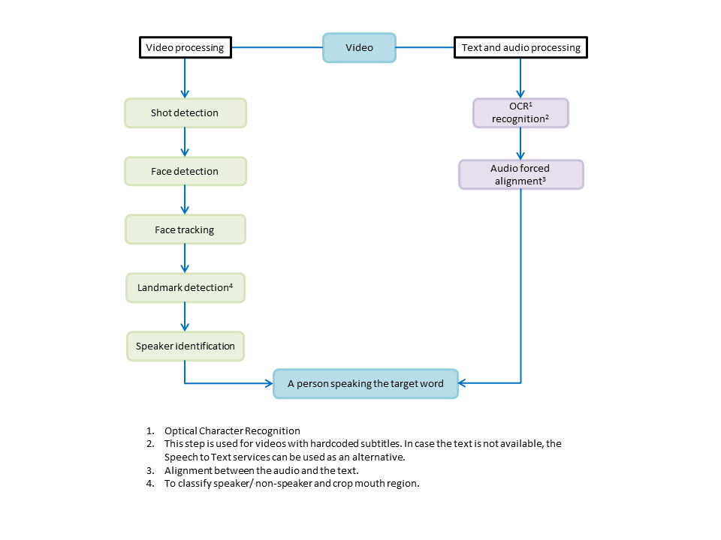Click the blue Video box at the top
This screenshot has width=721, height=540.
click(359, 47)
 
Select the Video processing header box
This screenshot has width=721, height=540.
click(186, 47)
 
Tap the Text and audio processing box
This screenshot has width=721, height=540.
click(520, 47)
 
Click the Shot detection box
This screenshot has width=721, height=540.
click(186, 113)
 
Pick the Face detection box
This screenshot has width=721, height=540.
click(186, 171)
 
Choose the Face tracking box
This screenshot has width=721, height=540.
click(186, 229)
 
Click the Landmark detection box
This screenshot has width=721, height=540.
click(186, 288)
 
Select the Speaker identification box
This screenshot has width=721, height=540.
click(186, 346)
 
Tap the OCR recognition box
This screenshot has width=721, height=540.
click(520, 113)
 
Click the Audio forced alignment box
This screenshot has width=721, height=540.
click(521, 175)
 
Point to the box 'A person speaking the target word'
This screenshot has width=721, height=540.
click(366, 384)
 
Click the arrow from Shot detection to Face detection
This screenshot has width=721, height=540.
click(185, 142)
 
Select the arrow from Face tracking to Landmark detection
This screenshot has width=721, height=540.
click(185, 259)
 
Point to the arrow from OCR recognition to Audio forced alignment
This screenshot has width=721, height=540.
click(520, 144)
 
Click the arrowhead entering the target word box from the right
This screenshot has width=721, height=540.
click(462, 383)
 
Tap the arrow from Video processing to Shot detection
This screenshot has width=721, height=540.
click(185, 78)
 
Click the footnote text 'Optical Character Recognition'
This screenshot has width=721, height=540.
click(232, 430)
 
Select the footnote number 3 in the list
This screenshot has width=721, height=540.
click(150, 471)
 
